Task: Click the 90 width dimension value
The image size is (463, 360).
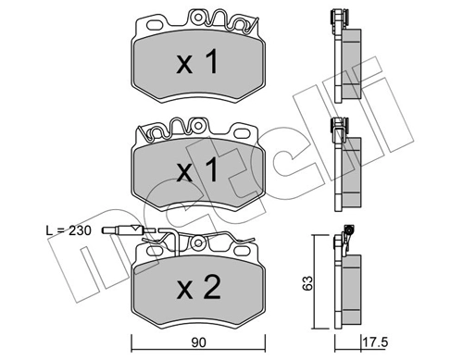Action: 198,342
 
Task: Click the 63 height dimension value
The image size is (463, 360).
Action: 307,283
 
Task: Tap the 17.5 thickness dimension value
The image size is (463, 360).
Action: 375,342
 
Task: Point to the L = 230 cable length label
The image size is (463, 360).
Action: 69,230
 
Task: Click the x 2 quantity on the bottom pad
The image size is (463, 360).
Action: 198,288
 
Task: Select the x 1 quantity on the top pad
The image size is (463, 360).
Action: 197,62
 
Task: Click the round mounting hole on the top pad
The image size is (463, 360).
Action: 198,17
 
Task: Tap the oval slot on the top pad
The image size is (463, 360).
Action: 156,25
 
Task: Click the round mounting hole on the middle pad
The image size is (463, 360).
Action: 198,125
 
